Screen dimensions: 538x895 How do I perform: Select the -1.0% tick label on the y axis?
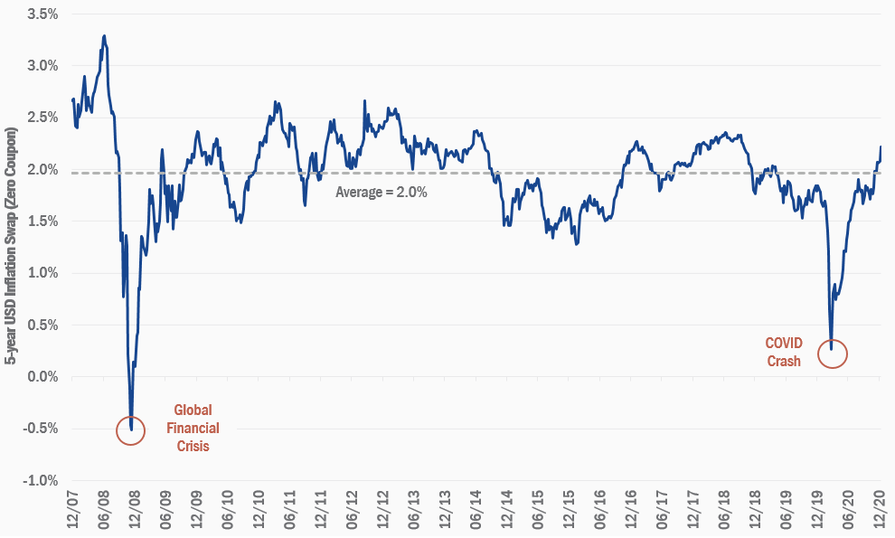[41, 480]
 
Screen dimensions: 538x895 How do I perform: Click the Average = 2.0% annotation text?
[381, 192]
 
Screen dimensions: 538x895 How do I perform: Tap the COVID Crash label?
[784, 352]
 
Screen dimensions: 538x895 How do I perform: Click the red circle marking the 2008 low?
[132, 430]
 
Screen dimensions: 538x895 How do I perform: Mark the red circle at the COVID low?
[832, 354]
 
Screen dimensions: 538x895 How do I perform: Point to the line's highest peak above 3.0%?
[105, 36]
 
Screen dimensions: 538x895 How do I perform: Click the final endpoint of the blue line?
[881, 146]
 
